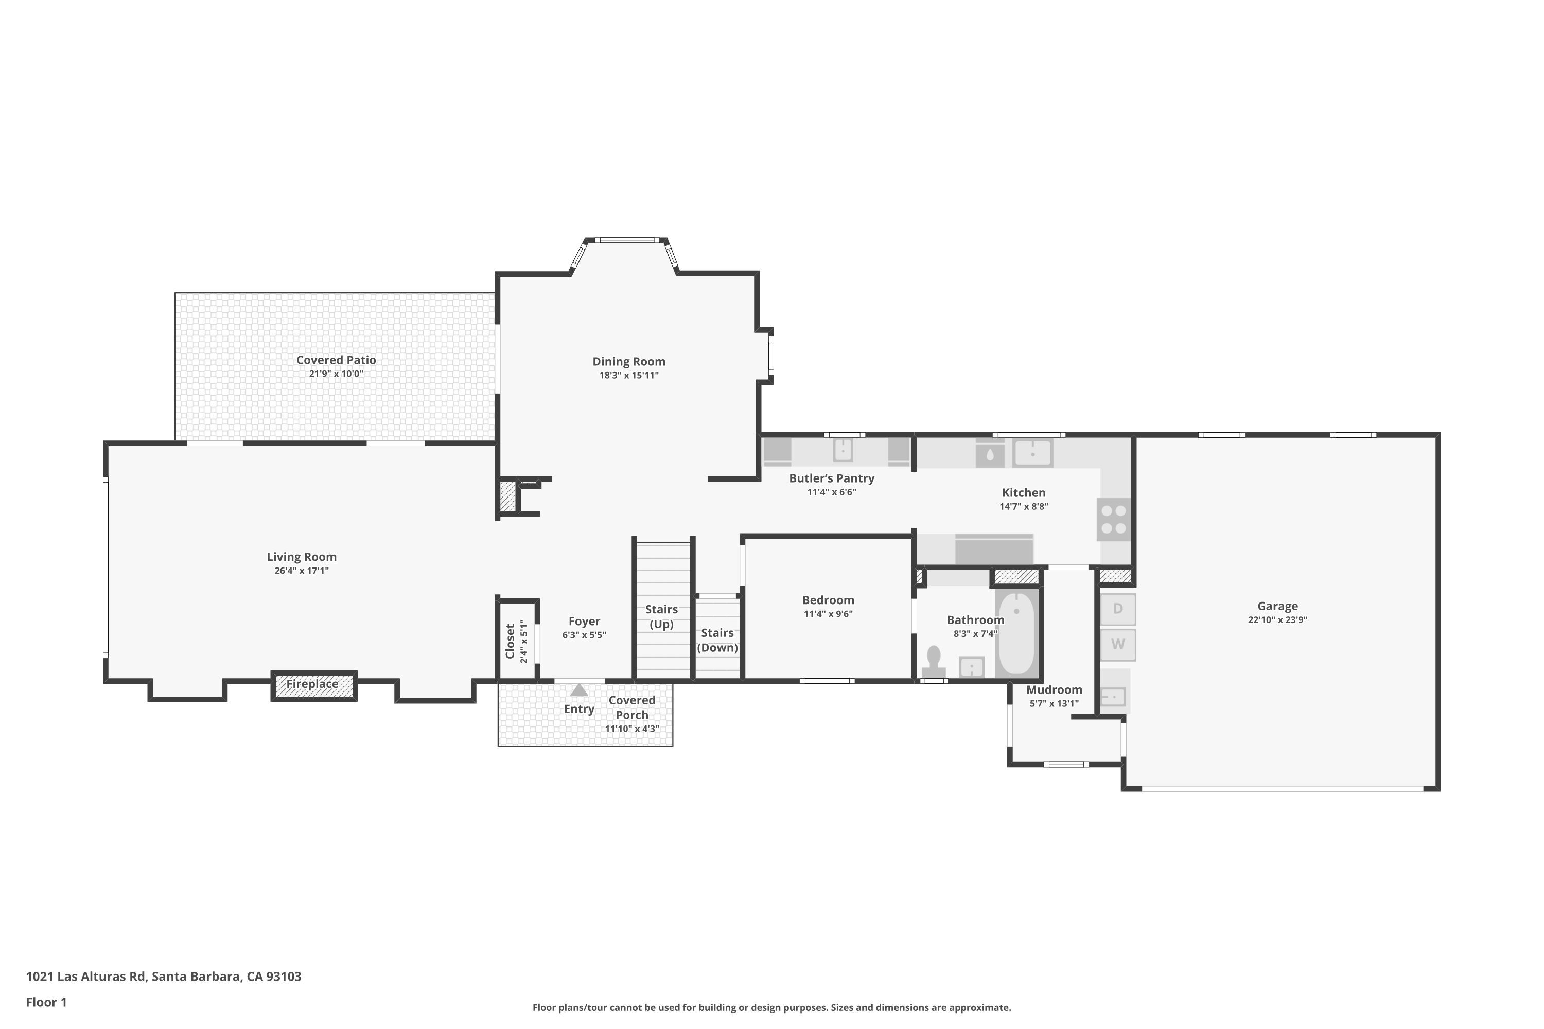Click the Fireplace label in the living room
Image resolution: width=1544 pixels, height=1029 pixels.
pos(312,684)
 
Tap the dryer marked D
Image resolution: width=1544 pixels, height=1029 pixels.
pos(1118,609)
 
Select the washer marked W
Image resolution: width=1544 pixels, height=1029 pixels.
pos(1118,645)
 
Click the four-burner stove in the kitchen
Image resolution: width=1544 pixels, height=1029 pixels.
pos(1114,519)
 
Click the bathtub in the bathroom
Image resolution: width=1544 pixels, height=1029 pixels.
pos(1016,633)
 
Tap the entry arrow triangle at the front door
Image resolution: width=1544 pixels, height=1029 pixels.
pos(579,690)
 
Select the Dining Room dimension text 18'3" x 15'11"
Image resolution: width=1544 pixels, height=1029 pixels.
pos(629,376)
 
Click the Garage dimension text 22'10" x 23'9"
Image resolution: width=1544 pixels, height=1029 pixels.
pos(1277,619)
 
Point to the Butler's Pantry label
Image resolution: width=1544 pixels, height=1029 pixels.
pos(832,478)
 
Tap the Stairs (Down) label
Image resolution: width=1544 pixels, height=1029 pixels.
pos(717,641)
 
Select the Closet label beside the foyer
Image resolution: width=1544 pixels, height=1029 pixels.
pos(510,641)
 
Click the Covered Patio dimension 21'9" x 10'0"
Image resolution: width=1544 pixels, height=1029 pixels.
pos(336,374)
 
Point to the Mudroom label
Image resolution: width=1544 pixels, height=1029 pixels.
pos(1054,690)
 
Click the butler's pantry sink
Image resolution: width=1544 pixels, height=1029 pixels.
pos(843,450)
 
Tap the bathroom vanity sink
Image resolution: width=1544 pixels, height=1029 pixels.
pos(972,667)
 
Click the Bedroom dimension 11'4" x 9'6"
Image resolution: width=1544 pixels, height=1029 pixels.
pos(829,614)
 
